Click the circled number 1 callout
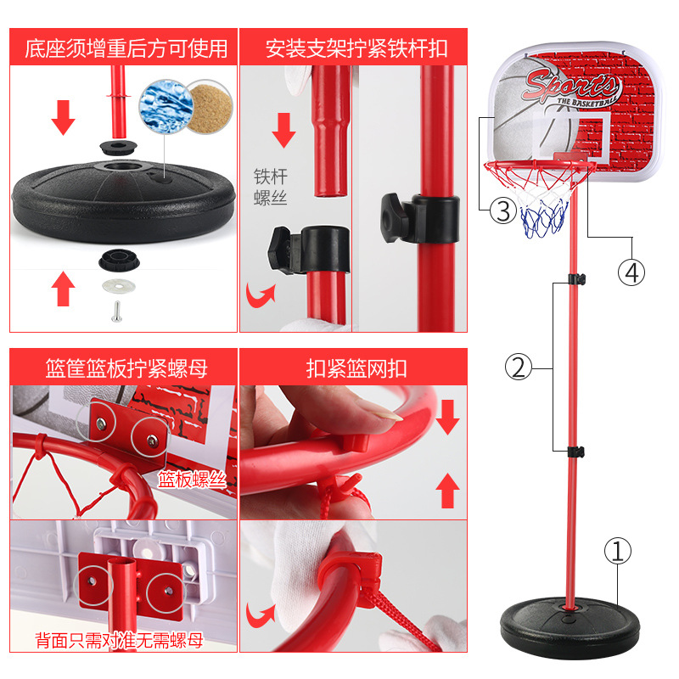[618, 552]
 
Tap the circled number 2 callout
[518, 368]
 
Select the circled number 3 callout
[502, 208]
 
